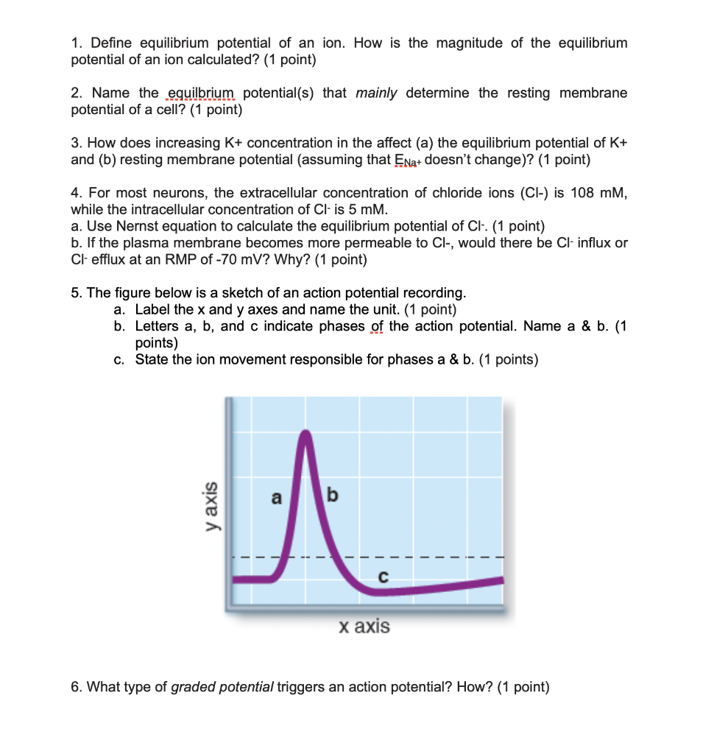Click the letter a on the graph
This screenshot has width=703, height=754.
277,498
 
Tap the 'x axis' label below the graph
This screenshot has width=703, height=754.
364,627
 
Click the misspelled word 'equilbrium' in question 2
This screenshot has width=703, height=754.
200,94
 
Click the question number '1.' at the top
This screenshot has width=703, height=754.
77,43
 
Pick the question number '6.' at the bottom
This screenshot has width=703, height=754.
77,687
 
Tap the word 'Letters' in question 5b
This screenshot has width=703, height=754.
158,326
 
